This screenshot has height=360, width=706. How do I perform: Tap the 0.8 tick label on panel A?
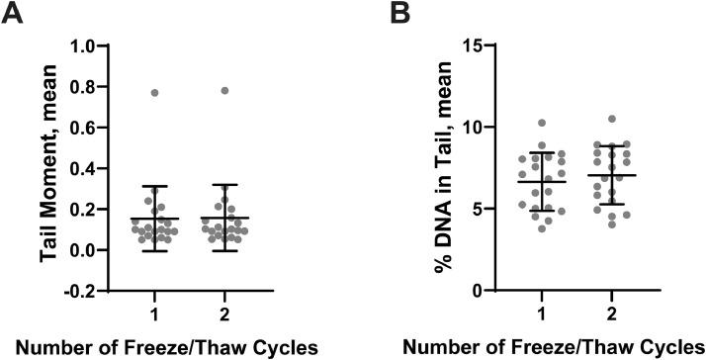[93, 87]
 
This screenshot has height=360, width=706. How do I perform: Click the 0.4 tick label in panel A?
[93, 168]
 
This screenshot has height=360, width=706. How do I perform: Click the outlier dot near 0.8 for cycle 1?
[154, 92]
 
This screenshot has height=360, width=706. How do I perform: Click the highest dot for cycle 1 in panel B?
[541, 123]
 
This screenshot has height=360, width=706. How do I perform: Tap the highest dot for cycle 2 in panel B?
[611, 119]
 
